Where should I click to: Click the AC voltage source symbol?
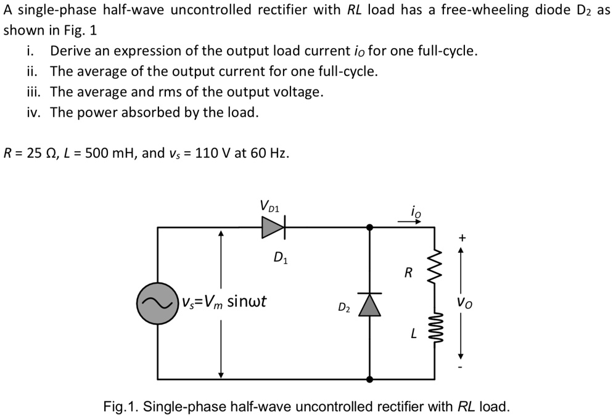click(157, 303)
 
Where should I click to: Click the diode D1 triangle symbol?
click(272, 228)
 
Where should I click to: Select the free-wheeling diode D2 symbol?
click(370, 303)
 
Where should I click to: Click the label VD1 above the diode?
click(269, 205)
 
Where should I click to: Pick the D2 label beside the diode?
click(344, 307)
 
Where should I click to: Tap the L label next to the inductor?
click(414, 334)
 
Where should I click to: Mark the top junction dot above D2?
click(370, 228)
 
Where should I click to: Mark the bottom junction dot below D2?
click(370, 379)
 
